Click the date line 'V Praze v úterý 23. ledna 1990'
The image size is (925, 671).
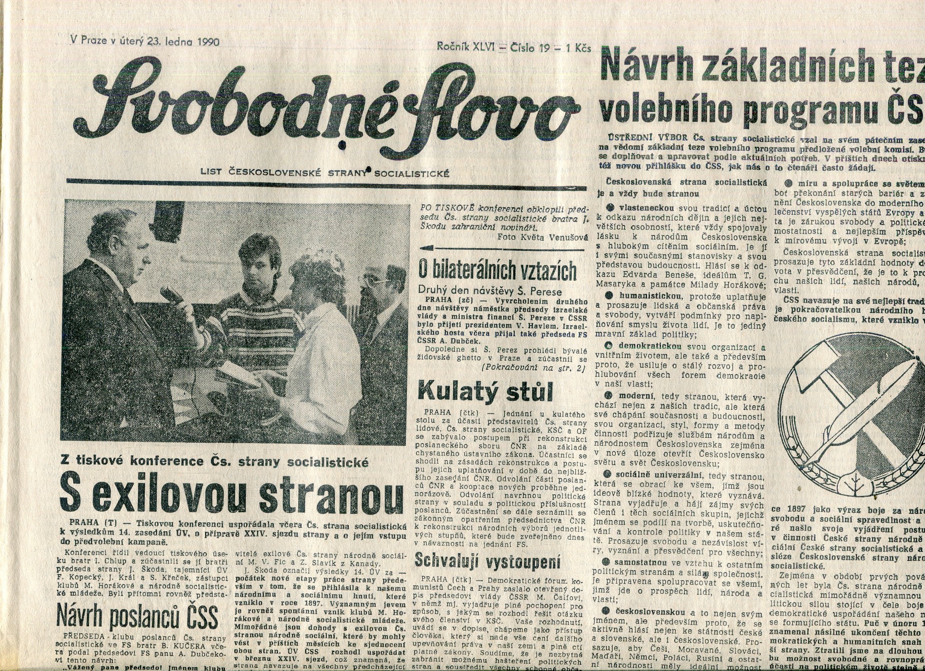tap(145, 41)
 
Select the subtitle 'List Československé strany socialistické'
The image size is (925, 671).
tap(325, 173)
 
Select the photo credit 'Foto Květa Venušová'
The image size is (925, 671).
tap(543, 237)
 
